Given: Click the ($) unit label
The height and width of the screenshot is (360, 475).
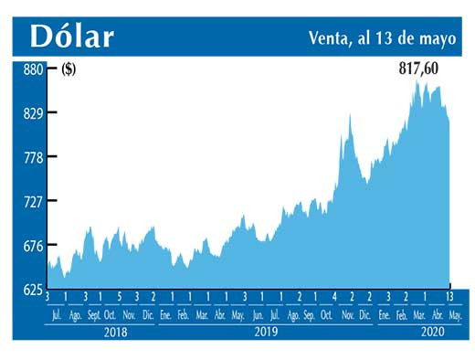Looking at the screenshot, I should (x=68, y=69).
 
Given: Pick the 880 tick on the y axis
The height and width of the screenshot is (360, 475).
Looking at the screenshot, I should (x=34, y=69).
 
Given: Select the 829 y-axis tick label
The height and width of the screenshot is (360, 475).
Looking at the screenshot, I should (x=34, y=113).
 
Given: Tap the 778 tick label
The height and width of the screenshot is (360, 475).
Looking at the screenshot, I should (x=34, y=157).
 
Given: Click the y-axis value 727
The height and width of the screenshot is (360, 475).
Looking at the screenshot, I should (x=34, y=201).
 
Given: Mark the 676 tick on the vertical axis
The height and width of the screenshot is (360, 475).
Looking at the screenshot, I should (x=34, y=245).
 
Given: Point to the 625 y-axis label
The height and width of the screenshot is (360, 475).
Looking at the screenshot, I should (x=34, y=289).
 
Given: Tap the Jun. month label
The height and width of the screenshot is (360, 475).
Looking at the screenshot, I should (x=259, y=313).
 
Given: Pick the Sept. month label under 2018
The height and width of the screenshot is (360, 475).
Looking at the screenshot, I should (x=94, y=313).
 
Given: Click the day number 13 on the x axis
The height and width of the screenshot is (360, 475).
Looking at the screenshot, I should (x=450, y=297).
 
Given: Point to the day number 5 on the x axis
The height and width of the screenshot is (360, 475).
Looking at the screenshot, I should (x=119, y=297).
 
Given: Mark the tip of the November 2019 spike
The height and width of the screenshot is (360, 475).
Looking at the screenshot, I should (x=350, y=114).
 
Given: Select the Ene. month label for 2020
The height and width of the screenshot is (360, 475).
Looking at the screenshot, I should (x=385, y=313).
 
